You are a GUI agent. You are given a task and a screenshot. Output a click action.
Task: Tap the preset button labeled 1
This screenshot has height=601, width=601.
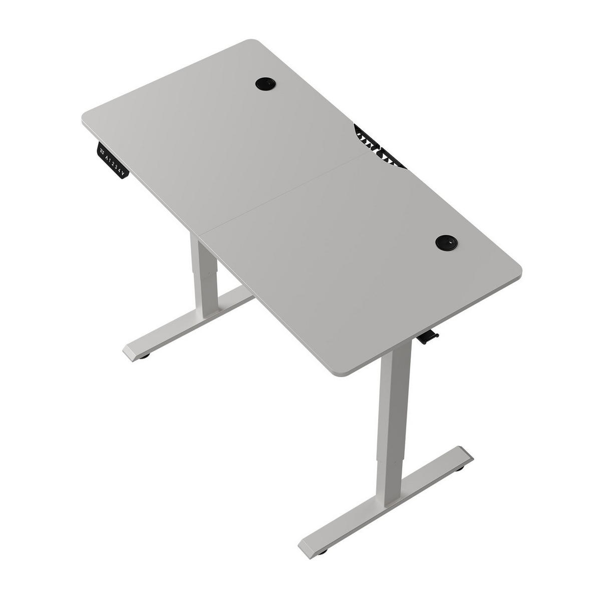point(110,160)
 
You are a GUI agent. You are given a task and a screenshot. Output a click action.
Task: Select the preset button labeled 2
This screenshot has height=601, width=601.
point(113,164)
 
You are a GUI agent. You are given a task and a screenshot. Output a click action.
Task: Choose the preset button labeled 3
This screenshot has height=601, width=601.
point(116,167)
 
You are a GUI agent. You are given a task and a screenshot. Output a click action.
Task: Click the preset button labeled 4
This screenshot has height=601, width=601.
point(119,171)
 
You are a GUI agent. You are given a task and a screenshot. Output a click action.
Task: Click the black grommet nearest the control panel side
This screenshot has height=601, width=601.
point(265,84)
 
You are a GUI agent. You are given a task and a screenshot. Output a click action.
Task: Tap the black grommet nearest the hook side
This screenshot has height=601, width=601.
point(446,242)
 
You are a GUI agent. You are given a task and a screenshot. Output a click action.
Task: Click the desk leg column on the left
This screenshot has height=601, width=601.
point(204,275)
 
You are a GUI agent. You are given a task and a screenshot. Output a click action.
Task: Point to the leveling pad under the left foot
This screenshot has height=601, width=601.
point(144,357)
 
